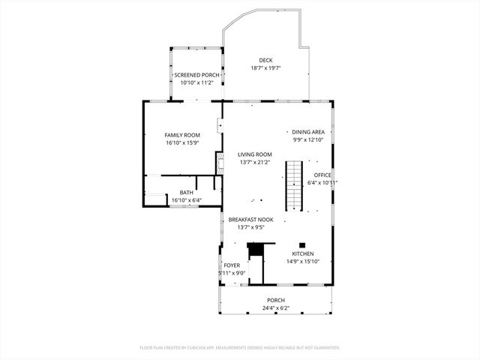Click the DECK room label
(266, 61)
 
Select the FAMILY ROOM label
(182, 135)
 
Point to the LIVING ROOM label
(253, 154)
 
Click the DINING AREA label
(308, 132)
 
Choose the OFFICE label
(322, 175)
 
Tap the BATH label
(186, 193)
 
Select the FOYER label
(232, 265)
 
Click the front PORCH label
(275, 300)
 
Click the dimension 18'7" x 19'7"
(266, 68)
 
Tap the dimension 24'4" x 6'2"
(275, 307)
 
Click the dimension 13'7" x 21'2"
(253, 162)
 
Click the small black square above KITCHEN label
(302, 244)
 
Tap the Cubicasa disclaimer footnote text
(240, 348)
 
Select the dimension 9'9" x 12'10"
(308, 139)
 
